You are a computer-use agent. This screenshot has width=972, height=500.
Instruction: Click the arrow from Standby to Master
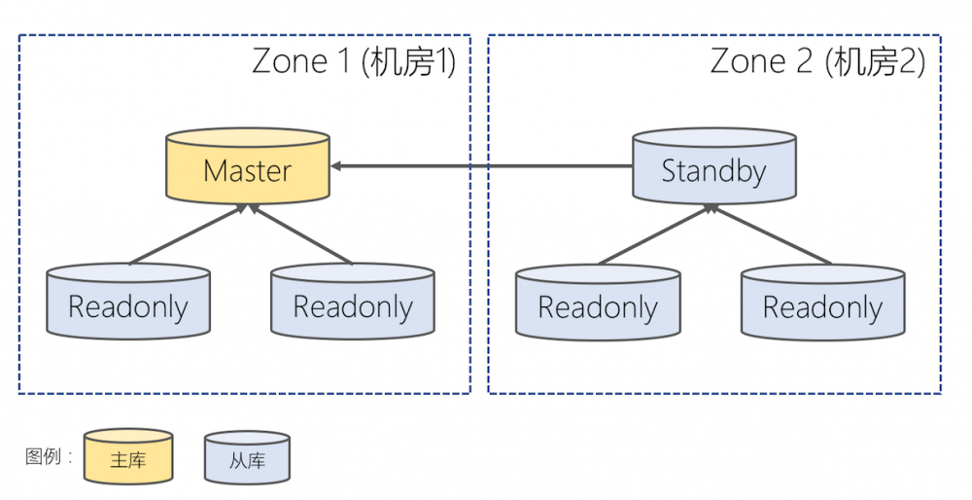point(486,166)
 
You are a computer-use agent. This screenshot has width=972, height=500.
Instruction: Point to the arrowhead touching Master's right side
point(336,166)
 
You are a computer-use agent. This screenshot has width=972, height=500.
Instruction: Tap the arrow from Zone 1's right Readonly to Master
point(301,234)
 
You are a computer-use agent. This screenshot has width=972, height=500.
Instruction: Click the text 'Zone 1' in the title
point(301,61)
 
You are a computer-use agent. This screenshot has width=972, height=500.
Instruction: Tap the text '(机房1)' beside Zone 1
point(408,61)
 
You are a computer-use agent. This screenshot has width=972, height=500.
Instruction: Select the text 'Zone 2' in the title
point(761,61)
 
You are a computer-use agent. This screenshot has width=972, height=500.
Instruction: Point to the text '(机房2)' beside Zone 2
point(874,61)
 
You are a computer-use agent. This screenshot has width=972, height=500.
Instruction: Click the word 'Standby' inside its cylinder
point(713,172)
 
